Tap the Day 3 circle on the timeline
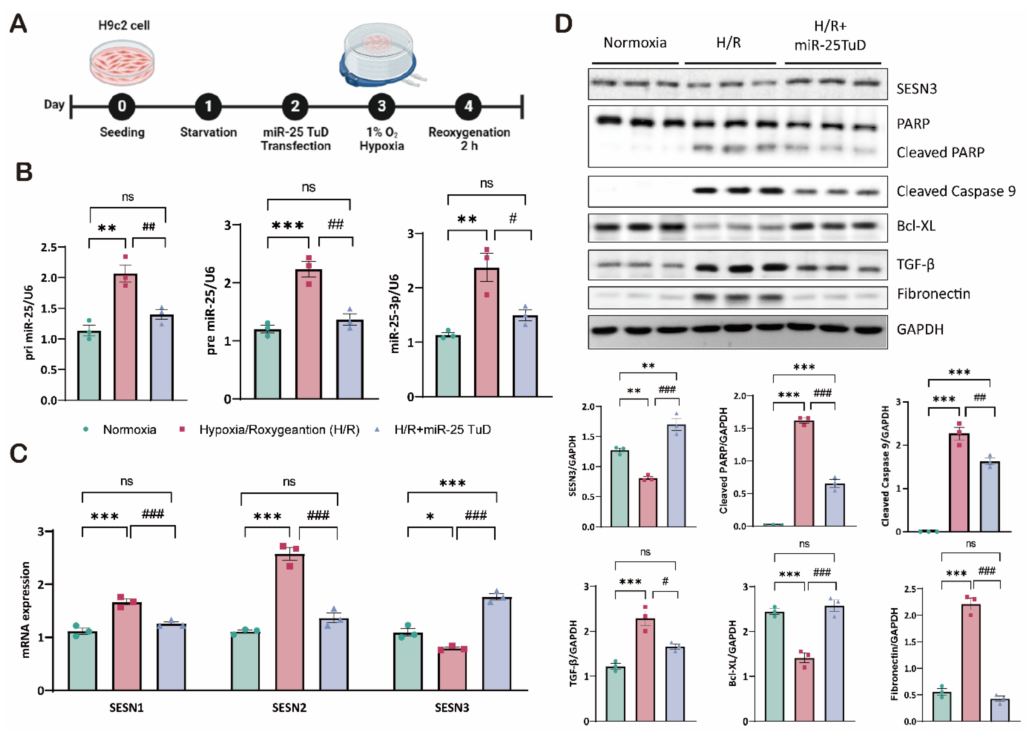pos(381,106)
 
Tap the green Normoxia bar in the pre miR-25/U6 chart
pos(267,364)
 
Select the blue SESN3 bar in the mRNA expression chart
pos(497,644)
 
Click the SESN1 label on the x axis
pos(126,707)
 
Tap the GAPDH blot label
pos(920,329)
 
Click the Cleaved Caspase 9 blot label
pos(956,191)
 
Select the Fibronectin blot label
pos(933,294)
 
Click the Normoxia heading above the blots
pos(635,43)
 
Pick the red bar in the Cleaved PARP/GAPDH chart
pos(804,474)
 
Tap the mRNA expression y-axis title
pos(25,610)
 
